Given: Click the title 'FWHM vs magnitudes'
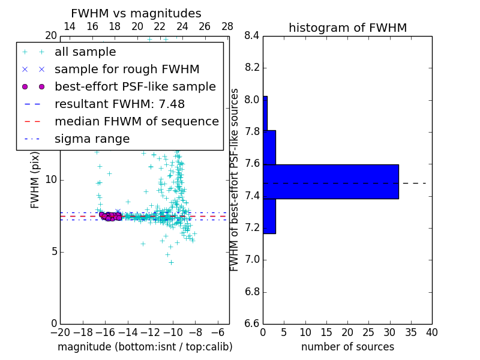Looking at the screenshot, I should coord(136,13).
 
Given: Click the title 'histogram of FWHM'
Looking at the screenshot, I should coord(347,28).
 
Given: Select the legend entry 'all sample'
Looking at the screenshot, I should coord(85,52).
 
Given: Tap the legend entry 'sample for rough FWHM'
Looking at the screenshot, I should coord(127,69).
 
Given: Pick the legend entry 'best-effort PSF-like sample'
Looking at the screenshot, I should coord(135,86).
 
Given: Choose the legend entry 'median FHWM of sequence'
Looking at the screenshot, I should coord(136,121).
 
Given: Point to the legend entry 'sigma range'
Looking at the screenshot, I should coord(92,139).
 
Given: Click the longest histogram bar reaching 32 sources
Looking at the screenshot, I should coord(331,181).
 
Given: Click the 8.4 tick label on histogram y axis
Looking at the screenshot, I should coord(252,36).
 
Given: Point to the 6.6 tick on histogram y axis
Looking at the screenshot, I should coord(252,324).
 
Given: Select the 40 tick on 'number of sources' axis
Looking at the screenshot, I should coord(431,332).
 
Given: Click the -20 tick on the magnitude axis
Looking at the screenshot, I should coord(60,332).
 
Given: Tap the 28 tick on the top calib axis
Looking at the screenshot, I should coord(227,26).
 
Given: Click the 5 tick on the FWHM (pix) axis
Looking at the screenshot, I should coord(53,251).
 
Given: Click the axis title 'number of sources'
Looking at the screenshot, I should coord(347,347).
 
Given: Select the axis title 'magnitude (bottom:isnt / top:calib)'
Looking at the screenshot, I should coord(145,347).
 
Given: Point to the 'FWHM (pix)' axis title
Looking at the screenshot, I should coord(35,179).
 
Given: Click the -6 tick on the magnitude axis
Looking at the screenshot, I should coord(218,332).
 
